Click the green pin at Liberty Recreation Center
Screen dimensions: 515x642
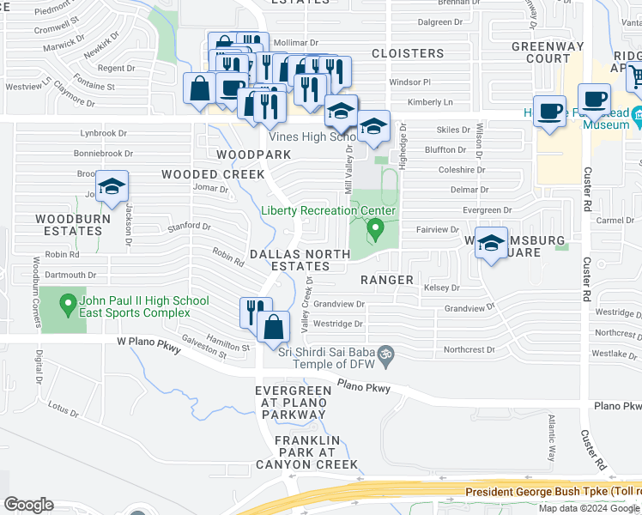374,230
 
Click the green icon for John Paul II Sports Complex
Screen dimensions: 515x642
67,305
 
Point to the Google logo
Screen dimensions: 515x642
28,505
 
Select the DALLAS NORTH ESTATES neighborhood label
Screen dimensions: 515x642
299,260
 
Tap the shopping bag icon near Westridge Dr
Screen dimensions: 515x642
273,328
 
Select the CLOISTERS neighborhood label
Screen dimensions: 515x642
408,53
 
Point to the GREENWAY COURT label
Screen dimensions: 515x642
542,52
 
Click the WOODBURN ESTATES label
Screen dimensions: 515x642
70,225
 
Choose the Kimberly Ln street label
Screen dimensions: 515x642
429,102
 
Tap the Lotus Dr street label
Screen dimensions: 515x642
64,409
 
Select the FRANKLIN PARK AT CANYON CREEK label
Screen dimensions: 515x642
315,452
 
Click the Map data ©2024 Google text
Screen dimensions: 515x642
588,508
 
